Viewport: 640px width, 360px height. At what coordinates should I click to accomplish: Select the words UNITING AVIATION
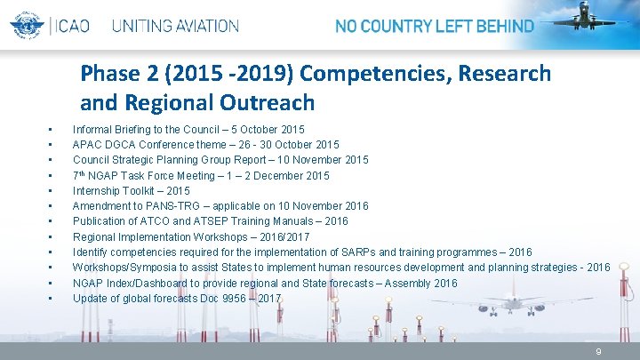point(175,26)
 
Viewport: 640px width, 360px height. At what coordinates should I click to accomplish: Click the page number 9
point(598,352)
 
